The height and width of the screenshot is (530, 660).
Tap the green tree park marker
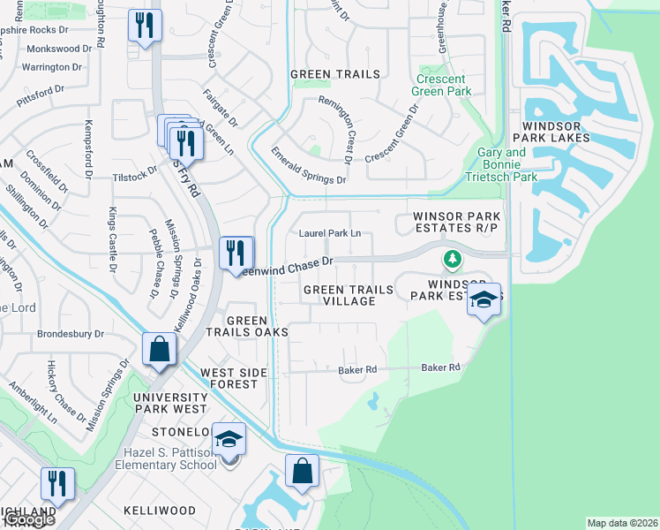tap(452, 259)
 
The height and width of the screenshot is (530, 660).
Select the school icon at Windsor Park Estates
tap(484, 299)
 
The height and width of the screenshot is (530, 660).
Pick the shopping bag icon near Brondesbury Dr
tap(159, 349)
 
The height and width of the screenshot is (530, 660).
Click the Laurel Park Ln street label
tap(331, 233)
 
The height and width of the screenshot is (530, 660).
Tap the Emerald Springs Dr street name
tap(308, 165)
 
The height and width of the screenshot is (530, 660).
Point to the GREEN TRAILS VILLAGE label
tap(340, 295)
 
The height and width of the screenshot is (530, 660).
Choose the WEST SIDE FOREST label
tap(234, 378)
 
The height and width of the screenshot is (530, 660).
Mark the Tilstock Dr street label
tap(134, 173)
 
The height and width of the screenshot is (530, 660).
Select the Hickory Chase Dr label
tap(66, 390)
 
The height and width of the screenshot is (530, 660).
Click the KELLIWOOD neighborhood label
tap(160, 511)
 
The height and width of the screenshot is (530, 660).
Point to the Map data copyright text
tap(622, 523)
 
